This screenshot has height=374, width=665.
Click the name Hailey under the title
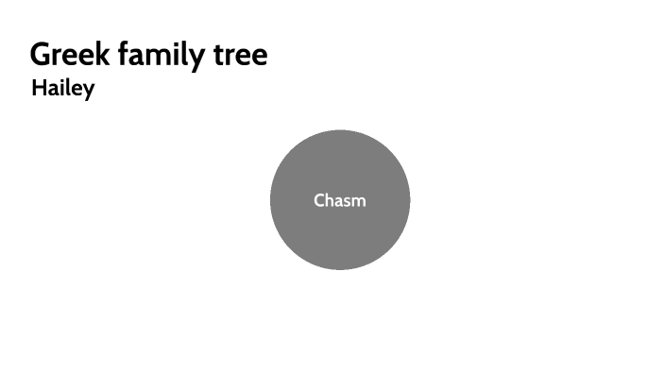coord(62,89)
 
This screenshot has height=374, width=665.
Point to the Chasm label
coord(340,200)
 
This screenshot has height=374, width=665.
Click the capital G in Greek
coord(41,54)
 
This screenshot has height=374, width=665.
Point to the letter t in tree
coord(216,54)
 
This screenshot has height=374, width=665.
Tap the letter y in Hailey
coord(88,92)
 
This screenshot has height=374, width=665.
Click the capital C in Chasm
coord(319,200)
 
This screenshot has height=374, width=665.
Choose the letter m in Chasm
coord(358,201)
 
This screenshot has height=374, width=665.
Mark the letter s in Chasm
coord(346,201)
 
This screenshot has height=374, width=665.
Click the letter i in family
coord(172,54)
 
